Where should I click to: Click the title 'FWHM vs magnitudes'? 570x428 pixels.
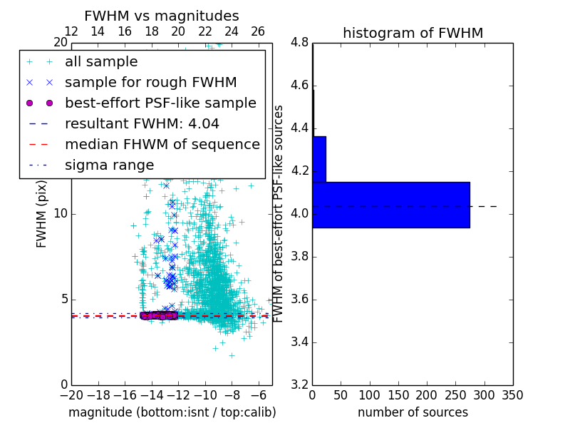(x=161, y=16)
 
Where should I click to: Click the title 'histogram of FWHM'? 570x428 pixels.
(x=413, y=33)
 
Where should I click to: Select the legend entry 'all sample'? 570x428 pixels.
(x=101, y=62)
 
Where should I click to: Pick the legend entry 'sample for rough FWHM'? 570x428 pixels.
(x=150, y=83)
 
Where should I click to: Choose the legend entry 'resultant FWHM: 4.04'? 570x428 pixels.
(x=142, y=124)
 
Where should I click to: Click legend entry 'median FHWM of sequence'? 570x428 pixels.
(x=162, y=145)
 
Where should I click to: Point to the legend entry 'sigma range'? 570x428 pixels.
(x=109, y=165)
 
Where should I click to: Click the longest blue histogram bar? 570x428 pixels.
(x=390, y=205)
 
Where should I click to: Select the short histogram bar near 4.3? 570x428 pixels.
(x=319, y=159)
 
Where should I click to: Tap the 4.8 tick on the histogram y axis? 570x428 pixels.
(x=300, y=43)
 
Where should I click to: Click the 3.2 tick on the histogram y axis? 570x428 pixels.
(x=300, y=384)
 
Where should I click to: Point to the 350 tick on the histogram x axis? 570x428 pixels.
(x=513, y=394)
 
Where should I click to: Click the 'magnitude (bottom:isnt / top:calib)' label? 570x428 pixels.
(x=172, y=412)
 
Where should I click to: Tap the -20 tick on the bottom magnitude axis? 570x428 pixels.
(x=71, y=394)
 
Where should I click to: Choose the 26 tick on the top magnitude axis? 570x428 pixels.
(x=258, y=31)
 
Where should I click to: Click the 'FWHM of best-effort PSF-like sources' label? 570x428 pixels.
(x=279, y=213)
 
